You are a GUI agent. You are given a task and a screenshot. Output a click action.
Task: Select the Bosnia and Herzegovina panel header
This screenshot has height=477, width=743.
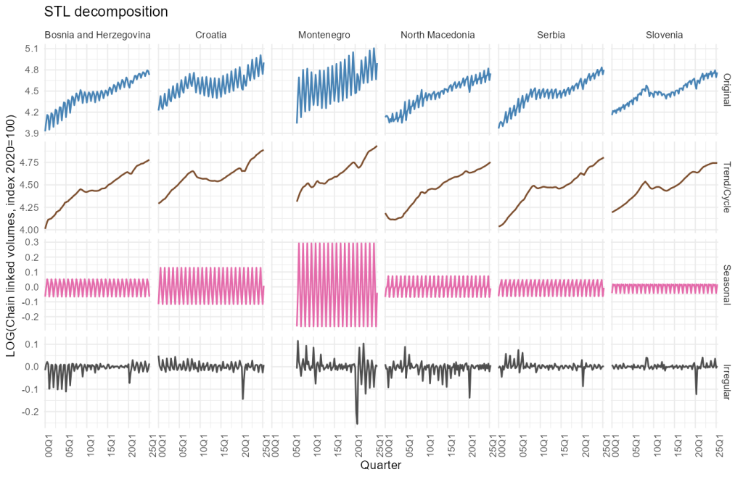click(97, 35)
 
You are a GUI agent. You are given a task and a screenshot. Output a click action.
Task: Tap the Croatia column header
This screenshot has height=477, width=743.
click(211, 35)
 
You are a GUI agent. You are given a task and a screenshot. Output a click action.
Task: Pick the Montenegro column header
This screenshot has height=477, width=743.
click(324, 35)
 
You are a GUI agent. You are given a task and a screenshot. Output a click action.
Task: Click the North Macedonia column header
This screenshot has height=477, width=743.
click(438, 35)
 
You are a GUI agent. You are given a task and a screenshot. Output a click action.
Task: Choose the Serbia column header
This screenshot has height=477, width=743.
click(551, 35)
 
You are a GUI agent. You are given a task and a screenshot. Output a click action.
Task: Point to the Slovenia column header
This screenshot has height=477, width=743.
click(664, 35)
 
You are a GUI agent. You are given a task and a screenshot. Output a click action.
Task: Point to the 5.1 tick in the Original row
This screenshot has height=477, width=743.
click(31, 49)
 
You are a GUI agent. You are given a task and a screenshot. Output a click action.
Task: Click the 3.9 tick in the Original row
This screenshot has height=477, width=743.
click(31, 133)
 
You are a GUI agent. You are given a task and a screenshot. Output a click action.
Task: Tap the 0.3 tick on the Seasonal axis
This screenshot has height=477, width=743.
click(31, 242)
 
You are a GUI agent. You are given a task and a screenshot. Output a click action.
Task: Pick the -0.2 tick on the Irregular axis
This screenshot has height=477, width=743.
click(29, 412)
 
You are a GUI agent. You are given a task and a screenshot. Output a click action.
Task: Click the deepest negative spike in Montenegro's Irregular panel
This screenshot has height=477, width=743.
click(357, 423)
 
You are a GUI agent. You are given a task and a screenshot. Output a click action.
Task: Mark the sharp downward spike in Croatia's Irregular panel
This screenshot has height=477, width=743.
click(243, 399)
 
